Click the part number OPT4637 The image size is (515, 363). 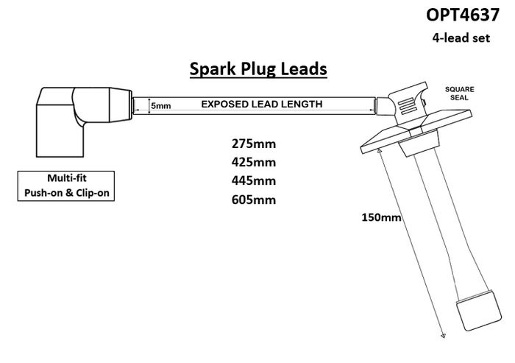463,15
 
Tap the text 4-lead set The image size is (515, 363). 461,38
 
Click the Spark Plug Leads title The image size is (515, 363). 258,69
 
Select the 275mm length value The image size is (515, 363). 254,144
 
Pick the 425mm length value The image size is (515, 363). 254,162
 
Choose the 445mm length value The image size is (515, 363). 254,180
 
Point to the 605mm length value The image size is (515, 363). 254,200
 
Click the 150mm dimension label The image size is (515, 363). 381,217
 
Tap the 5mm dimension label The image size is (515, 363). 161,106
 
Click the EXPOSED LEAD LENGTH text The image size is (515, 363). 262,105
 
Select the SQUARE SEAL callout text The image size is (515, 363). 460,94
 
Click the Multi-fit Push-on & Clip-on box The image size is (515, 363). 66,186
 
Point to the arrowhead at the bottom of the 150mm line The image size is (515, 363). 443,336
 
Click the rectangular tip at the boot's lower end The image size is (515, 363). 479,311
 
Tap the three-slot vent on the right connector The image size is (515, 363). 408,106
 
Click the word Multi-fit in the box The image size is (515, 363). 67,178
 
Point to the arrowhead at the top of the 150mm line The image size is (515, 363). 380,151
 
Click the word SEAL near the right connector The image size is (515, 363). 460,98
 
